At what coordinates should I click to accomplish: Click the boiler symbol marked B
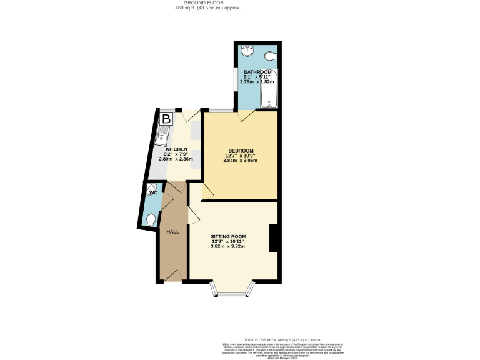(166, 118)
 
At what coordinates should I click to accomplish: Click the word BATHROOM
(257, 72)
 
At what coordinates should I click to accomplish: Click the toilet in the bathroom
(270, 56)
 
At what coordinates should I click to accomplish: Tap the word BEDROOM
(241, 151)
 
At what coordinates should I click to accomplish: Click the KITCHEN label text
(176, 149)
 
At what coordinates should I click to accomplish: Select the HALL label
(172, 232)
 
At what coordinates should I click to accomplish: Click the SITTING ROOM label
(228, 236)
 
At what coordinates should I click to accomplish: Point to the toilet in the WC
(151, 219)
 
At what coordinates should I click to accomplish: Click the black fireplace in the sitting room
(273, 239)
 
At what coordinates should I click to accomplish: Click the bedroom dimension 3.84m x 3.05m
(241, 161)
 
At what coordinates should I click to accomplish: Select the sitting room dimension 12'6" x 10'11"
(228, 241)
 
